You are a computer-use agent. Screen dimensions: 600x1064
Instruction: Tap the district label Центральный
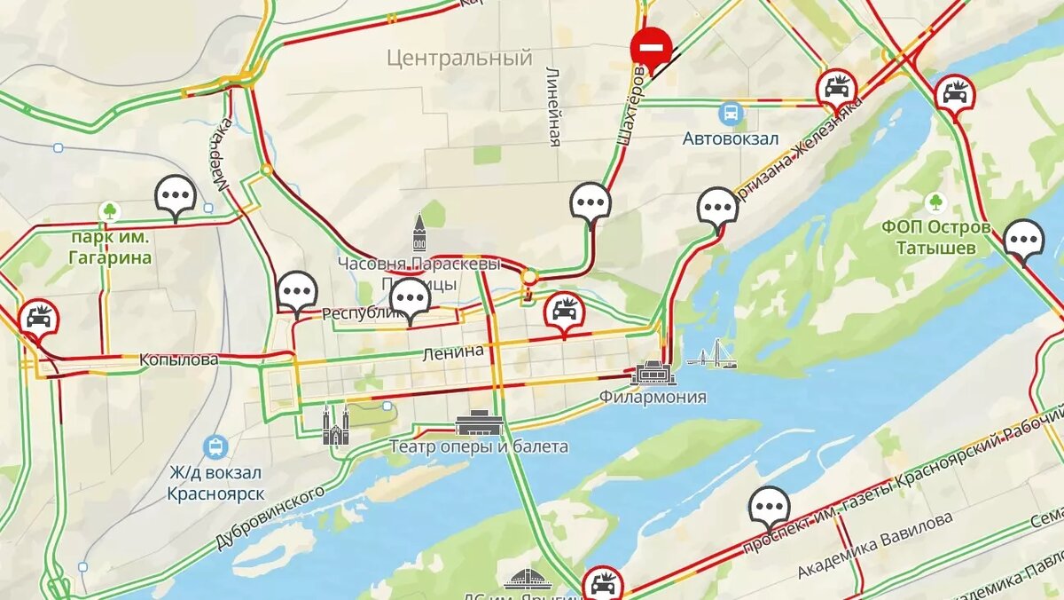[x=459, y=59]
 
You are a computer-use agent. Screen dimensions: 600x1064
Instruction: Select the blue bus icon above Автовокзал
[x=731, y=114]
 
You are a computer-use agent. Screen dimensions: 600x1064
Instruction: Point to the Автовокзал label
[x=731, y=139]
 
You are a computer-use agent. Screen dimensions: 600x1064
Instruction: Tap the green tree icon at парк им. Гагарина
[x=110, y=211]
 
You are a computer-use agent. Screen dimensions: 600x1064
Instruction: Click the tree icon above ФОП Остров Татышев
[x=935, y=202]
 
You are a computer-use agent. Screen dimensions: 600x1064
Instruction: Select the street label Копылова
[x=178, y=360]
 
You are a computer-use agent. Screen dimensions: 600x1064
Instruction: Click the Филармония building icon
[x=653, y=373]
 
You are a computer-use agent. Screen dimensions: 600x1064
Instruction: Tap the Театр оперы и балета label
[x=479, y=446]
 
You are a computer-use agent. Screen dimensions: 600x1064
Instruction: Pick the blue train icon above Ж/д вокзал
[x=215, y=446]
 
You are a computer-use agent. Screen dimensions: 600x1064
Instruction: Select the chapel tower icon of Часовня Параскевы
[x=419, y=233]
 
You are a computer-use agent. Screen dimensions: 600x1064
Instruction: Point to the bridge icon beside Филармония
[x=712, y=355]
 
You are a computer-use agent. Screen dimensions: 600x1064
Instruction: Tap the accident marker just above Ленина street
[x=564, y=310]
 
